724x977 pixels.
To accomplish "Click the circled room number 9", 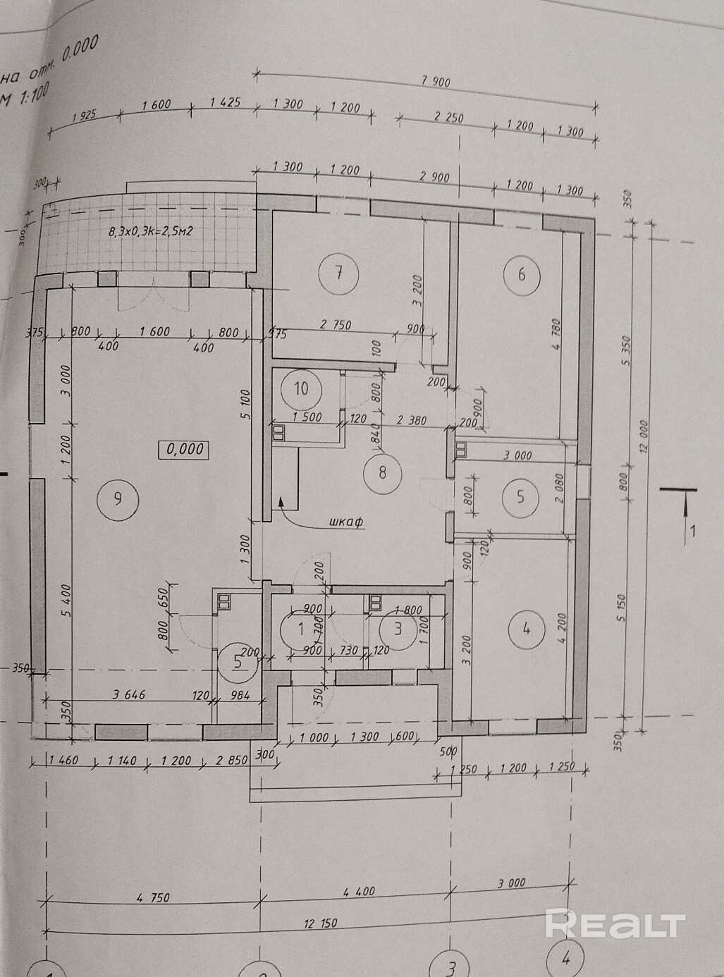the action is (x=118, y=498).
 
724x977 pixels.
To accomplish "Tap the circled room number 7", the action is (x=338, y=272).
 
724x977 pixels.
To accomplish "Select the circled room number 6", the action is (x=522, y=274).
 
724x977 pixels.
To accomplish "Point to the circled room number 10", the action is (x=301, y=388).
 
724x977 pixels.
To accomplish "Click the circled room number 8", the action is (x=383, y=472).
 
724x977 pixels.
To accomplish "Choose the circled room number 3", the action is (x=398, y=627).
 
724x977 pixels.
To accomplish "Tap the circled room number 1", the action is (x=301, y=627).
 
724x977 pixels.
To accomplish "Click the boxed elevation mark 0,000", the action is (x=185, y=449).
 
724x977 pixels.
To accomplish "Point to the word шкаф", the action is (x=345, y=522).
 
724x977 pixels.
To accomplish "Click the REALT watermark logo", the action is (x=615, y=924).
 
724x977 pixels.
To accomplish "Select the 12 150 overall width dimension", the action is (x=321, y=924).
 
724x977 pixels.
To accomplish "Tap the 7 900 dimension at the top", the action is (x=435, y=82).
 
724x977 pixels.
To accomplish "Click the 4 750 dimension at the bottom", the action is (x=153, y=898).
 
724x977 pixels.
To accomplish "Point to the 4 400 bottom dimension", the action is (x=360, y=892).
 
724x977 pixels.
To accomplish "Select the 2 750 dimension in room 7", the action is (x=336, y=326).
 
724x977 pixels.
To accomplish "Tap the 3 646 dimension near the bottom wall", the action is (x=129, y=694).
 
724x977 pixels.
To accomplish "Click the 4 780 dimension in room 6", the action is (x=555, y=335).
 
